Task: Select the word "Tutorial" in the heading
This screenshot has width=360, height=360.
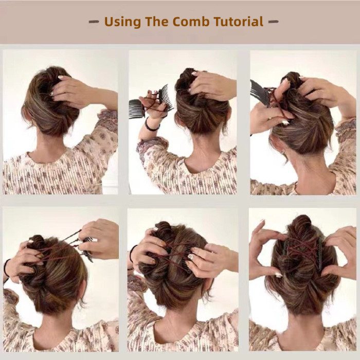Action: coord(241,22)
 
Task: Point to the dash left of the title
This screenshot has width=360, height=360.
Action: coord(94,22)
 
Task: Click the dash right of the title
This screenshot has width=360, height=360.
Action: coord(273,22)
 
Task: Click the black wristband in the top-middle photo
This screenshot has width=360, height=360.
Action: coord(150,125)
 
